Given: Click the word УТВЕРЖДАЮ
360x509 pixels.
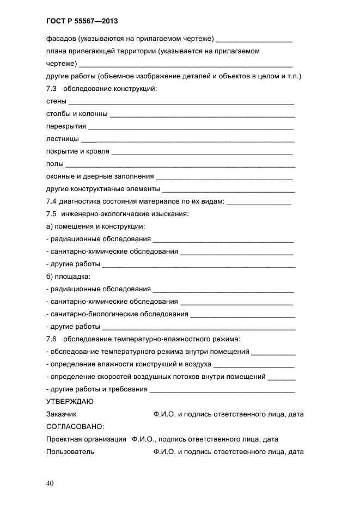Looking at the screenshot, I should point(70,402).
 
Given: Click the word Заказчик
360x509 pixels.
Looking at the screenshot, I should point(62,414).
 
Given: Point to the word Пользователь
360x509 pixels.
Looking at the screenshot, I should point(70,451).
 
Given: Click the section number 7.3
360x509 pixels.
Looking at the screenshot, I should point(52,88).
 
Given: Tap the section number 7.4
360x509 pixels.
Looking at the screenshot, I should point(52,201).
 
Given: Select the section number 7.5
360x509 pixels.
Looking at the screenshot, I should point(52,213).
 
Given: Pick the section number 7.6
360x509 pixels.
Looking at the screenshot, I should point(52,339).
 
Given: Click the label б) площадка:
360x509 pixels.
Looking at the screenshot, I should point(69,276).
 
